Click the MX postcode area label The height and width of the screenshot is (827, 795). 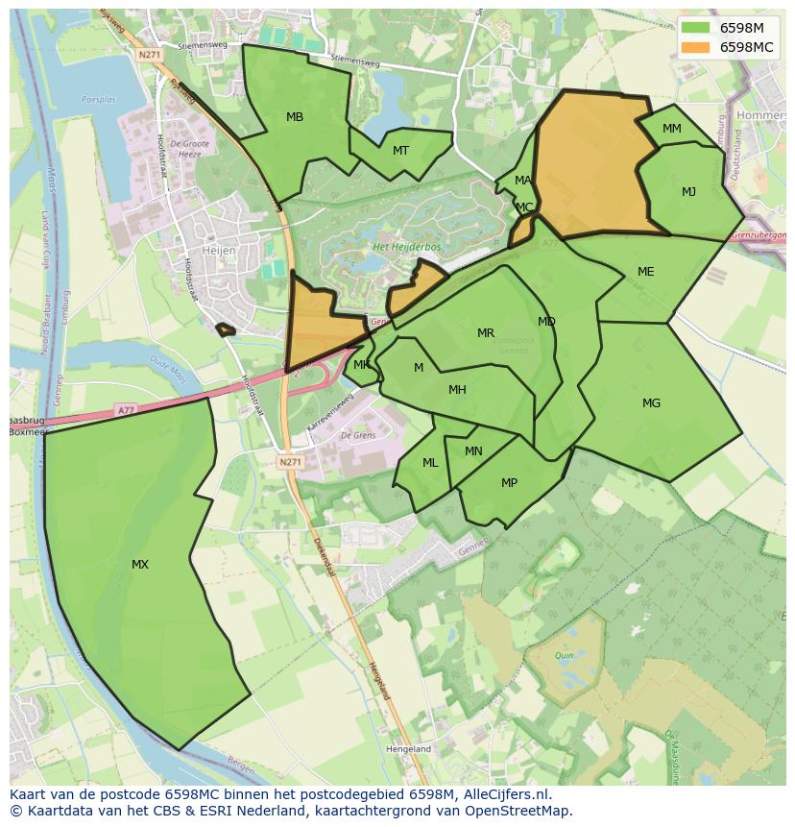pyautogui.click(x=140, y=565)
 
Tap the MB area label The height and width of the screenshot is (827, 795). pyautogui.click(x=295, y=117)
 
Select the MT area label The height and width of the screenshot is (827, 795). pyautogui.click(x=400, y=151)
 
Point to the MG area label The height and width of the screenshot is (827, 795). pyautogui.click(x=651, y=403)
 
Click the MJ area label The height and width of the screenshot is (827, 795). pyautogui.click(x=688, y=192)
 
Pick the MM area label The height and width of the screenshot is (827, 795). pyautogui.click(x=672, y=129)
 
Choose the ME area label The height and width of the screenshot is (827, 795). pyautogui.click(x=645, y=272)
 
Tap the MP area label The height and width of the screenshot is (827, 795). pyautogui.click(x=509, y=483)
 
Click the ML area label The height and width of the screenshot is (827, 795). pyautogui.click(x=430, y=463)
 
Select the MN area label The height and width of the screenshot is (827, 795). pyautogui.click(x=473, y=451)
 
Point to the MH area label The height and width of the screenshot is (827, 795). pyautogui.click(x=457, y=390)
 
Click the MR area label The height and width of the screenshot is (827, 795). pyautogui.click(x=486, y=334)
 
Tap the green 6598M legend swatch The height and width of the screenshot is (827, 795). pyautogui.click(x=696, y=28)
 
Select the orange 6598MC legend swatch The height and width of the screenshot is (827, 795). pyautogui.click(x=696, y=47)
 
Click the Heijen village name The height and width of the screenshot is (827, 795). pyautogui.click(x=219, y=250)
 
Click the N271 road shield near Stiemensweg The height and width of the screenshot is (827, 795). pyautogui.click(x=149, y=55)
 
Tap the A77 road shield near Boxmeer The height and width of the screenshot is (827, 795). pyautogui.click(x=126, y=410)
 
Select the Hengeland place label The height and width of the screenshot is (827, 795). pyautogui.click(x=408, y=749)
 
